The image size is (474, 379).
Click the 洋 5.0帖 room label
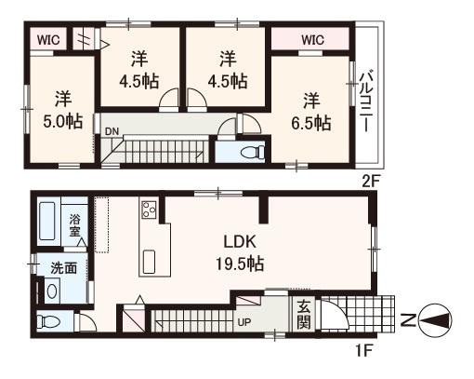coord(61,110)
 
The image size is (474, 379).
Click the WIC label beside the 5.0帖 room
coord(49,39)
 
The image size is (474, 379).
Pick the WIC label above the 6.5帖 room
coord(312,39)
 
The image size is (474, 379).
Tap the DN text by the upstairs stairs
coord(112,131)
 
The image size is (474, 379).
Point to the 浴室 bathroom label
coord(76,225)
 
